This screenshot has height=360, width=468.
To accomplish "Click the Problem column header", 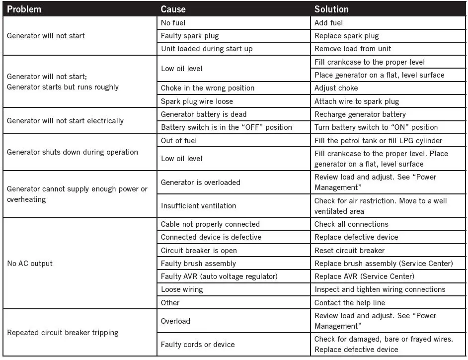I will [24, 9].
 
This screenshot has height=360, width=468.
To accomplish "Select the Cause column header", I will [173, 9].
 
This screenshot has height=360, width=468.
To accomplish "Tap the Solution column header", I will [331, 9].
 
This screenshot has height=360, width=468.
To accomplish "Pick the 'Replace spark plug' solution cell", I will [346, 36].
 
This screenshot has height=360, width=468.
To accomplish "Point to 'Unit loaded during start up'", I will [207, 49].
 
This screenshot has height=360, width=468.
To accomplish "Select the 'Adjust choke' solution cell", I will [336, 88].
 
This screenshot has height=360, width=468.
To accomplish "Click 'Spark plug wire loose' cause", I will [197, 101].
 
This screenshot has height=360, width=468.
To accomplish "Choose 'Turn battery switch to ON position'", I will [376, 127].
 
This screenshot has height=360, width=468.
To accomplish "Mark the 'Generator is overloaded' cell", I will [200, 182].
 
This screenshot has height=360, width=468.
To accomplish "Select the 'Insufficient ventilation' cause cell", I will [198, 206].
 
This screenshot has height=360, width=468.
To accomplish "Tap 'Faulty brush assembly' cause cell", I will [198, 264].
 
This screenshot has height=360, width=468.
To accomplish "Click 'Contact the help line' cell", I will [349, 302].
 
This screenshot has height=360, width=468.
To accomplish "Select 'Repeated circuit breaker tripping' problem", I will [63, 333].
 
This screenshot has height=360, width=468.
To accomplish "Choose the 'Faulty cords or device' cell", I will [198, 344].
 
